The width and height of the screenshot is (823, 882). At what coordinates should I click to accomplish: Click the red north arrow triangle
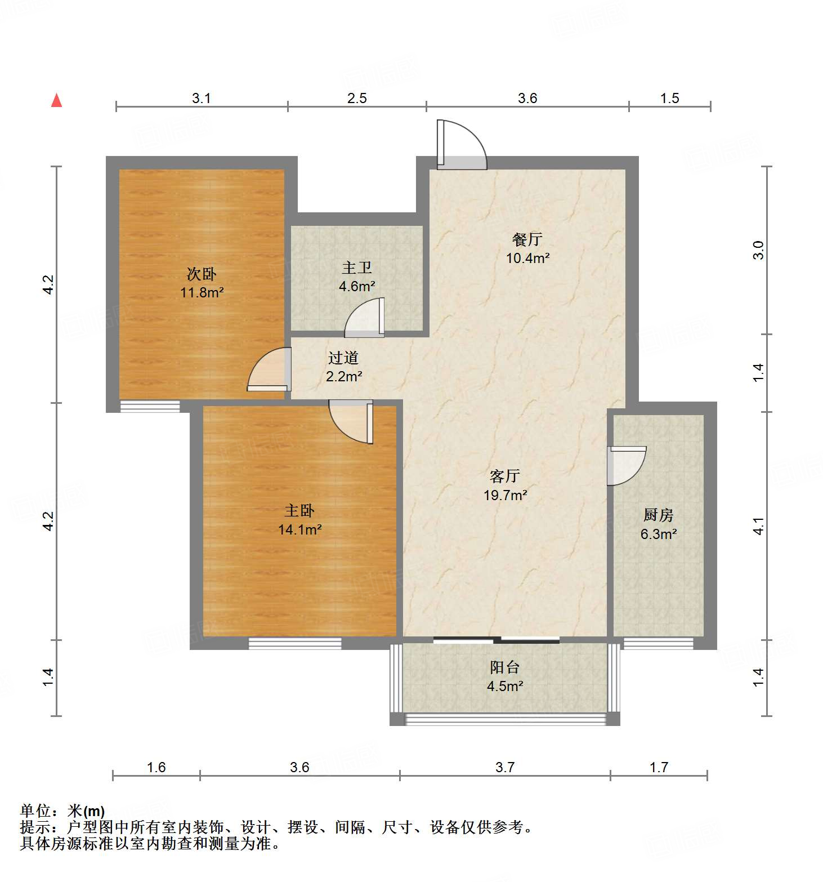(x=56, y=100)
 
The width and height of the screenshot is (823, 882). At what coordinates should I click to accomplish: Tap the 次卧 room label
(x=202, y=274)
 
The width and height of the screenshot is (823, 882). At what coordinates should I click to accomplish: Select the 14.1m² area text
(x=299, y=529)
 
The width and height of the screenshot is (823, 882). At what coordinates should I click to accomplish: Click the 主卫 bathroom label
(x=357, y=268)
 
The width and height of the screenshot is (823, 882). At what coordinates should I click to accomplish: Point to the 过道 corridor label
(x=343, y=358)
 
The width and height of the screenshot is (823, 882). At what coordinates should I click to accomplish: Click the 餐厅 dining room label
(x=527, y=239)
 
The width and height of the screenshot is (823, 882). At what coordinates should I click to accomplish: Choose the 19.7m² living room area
(x=505, y=495)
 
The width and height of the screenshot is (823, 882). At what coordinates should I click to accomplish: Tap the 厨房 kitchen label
(x=658, y=515)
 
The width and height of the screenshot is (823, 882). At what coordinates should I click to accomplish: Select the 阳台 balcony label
(x=504, y=667)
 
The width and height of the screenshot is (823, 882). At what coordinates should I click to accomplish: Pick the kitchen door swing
(x=626, y=465)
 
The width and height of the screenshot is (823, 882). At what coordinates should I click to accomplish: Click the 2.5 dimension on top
(x=357, y=99)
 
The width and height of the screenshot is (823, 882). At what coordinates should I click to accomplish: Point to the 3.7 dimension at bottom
(x=505, y=767)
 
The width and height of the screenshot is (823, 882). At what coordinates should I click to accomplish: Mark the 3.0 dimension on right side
(x=759, y=250)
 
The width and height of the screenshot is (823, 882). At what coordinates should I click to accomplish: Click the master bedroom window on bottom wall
(x=295, y=643)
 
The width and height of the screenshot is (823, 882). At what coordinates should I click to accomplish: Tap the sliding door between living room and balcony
(x=497, y=640)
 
